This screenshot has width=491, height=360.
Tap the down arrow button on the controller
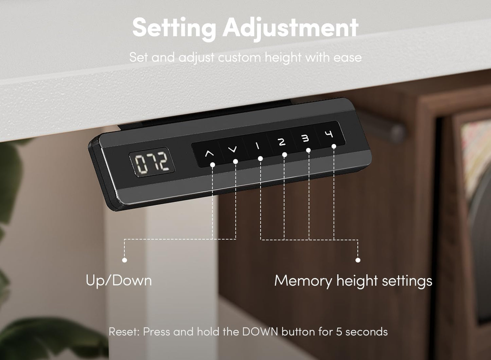(232, 150)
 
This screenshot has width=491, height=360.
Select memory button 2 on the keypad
(281, 142)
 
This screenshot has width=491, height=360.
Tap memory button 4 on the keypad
(329, 134)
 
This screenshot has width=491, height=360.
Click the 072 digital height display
(152, 162)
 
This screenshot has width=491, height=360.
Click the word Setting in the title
(174, 28)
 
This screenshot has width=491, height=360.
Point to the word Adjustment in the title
(291, 28)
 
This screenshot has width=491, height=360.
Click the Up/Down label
(119, 281)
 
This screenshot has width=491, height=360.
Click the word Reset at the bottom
(124, 332)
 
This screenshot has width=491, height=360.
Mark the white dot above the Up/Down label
(124, 260)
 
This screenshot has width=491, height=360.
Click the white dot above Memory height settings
(358, 260)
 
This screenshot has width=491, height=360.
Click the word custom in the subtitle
(239, 58)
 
